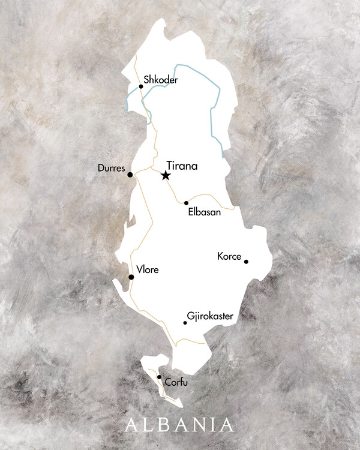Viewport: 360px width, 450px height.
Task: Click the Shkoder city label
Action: pyautogui.click(x=161, y=79)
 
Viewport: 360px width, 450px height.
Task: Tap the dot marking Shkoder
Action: pyautogui.click(x=141, y=86)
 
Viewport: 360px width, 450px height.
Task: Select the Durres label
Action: pyautogui.click(x=111, y=169)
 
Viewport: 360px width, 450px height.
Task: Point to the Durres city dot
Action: pyautogui.click(x=130, y=175)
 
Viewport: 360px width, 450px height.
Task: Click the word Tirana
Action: pyautogui.click(x=182, y=166)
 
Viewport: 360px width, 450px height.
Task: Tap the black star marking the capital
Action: pyautogui.click(x=166, y=175)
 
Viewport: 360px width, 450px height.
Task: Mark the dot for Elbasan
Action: pyautogui.click(x=186, y=203)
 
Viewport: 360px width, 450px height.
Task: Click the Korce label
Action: pyautogui.click(x=229, y=257)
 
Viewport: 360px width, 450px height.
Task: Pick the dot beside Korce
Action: pyautogui.click(x=246, y=261)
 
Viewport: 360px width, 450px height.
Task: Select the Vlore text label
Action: pyautogui.click(x=148, y=270)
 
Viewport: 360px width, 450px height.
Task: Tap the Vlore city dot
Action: pyautogui.click(x=131, y=277)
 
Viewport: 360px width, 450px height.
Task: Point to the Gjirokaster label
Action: pyautogui.click(x=210, y=316)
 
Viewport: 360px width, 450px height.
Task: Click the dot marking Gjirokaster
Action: pyautogui.click(x=185, y=323)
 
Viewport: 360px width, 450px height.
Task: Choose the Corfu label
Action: pyautogui.click(x=175, y=382)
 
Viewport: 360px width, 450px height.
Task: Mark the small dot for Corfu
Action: pyautogui.click(x=159, y=377)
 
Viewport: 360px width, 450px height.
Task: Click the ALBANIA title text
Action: pyautogui.click(x=179, y=424)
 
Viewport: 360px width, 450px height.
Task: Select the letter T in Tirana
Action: pyautogui.click(x=170, y=166)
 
